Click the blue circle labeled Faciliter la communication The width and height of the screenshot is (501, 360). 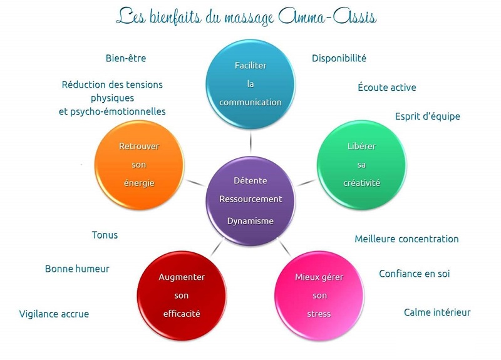coord(250,84)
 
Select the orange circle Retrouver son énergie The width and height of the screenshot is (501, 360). coord(138,165)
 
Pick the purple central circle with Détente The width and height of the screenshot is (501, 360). coord(250,199)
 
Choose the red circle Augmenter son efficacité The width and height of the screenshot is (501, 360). coord(182,294)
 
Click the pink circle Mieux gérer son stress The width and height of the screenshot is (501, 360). coord(319,294)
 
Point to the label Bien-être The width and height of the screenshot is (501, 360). coord(126,58)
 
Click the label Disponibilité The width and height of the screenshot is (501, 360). coord(339,58)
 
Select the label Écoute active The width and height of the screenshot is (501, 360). coord(386,88)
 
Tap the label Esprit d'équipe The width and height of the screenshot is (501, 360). coord(428,116)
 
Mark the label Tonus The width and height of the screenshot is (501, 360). coord(105,235)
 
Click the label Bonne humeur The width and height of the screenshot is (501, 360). coord(77,269)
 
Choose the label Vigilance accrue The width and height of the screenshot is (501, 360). coord(54,314)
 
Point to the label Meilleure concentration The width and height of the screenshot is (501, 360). coord(406,239)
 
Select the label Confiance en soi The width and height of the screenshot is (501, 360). coord(414,274)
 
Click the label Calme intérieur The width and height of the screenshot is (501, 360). coord(437,312)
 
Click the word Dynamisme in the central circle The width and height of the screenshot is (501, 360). coord(250,221)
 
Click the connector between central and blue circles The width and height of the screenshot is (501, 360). coord(250,138)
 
